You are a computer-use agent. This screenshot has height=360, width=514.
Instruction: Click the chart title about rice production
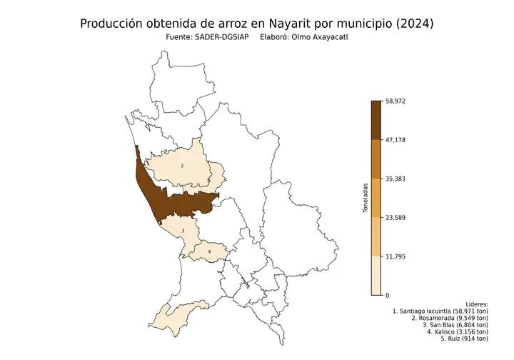coord(256,24)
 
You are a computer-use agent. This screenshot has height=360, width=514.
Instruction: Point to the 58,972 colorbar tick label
coord(395,101)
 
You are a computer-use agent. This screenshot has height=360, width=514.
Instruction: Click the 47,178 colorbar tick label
coord(395,140)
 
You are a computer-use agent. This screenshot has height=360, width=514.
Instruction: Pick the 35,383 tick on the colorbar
coord(395,179)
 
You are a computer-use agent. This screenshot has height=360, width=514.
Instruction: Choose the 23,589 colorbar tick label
coord(395,217)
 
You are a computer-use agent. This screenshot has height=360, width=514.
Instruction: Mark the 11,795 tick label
coord(395,256)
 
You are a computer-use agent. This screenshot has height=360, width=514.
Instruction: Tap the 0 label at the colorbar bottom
coord(387,295)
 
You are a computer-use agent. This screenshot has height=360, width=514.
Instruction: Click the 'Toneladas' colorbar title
coord(365,198)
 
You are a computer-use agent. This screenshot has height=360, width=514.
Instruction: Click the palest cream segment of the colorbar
coord(376,275)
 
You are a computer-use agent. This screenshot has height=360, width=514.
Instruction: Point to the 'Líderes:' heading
coord(475,304)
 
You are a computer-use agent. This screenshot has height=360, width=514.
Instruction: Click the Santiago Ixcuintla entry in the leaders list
coord(440,311)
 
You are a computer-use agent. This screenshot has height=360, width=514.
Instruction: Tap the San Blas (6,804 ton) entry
coord(455,325)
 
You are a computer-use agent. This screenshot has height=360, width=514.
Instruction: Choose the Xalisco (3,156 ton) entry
coord(457,331)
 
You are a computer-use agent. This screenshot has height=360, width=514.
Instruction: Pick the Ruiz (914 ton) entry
coord(464,339)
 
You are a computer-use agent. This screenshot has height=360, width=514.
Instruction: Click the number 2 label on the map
coord(183,166)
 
